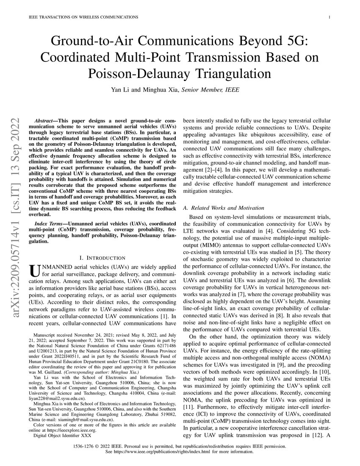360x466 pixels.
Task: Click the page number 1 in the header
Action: [x=329, y=17]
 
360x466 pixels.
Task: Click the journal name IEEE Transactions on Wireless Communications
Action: [x=83, y=17]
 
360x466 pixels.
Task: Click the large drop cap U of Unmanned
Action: [x=34, y=271]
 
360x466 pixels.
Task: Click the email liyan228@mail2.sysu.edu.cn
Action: [x=57, y=399]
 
